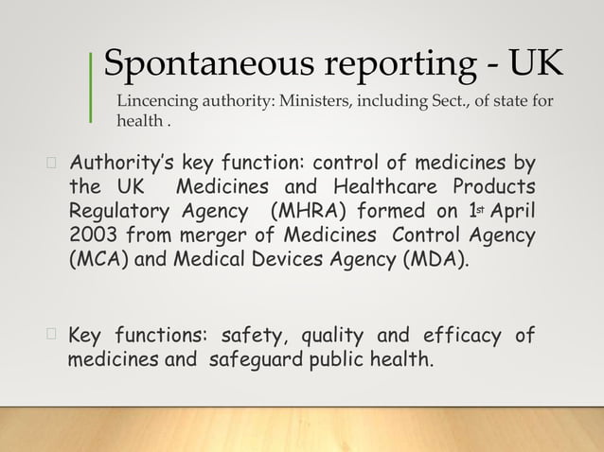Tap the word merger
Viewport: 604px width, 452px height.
click(x=205, y=233)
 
